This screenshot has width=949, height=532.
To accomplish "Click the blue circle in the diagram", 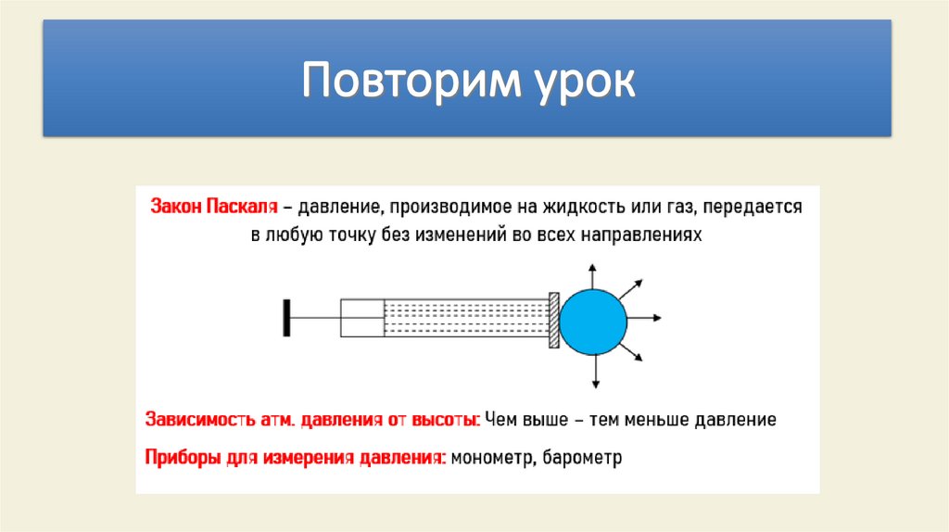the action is [594, 320].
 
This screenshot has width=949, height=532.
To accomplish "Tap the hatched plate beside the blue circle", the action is [554, 320].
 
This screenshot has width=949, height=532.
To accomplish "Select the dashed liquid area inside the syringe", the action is [466, 318].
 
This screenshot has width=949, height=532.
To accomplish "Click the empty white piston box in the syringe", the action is [362, 318].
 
